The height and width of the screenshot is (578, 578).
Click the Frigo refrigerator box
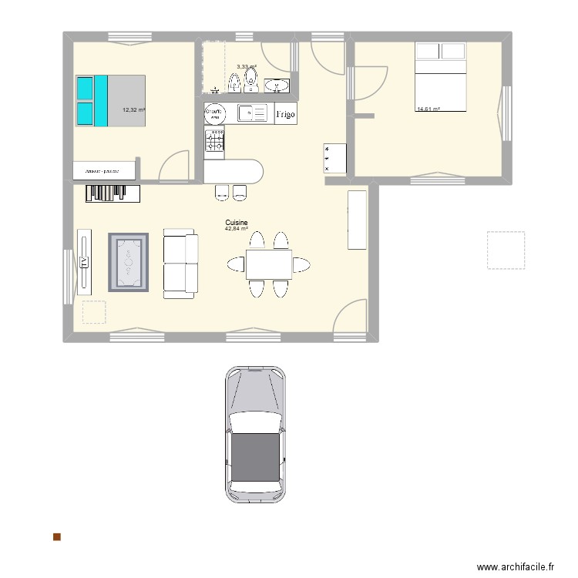[284, 113]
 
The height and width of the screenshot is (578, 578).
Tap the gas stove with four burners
[215, 139]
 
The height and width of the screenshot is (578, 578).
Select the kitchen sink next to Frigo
[250, 113]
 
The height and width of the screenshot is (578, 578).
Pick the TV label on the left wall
[83, 262]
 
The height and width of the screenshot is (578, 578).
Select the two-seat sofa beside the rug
[180, 264]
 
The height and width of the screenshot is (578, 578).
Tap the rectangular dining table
[269, 264]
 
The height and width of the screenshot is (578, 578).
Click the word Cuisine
[236, 222]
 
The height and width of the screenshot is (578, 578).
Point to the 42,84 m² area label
[236, 229]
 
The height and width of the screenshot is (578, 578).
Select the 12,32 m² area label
[134, 110]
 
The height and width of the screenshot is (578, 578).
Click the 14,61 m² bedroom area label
[428, 109]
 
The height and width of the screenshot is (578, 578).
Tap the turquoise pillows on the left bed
[92, 100]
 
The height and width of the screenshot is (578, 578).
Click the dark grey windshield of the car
[255, 455]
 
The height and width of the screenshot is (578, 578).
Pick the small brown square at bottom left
[56, 536]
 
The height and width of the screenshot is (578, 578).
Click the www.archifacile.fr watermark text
[516, 566]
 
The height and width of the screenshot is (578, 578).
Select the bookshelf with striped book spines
[108, 193]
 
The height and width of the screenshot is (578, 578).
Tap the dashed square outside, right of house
[506, 250]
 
